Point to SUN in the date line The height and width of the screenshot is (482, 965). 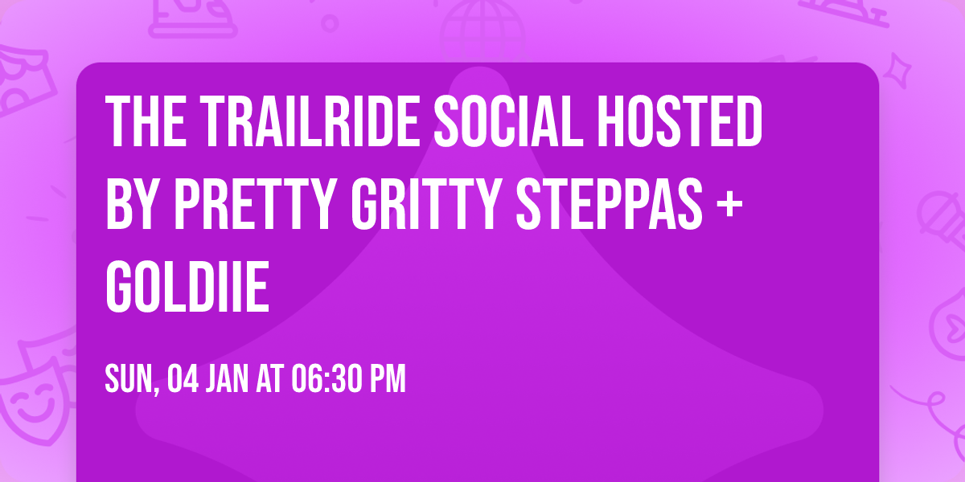point(129,379)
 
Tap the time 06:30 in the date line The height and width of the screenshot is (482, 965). point(322,379)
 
